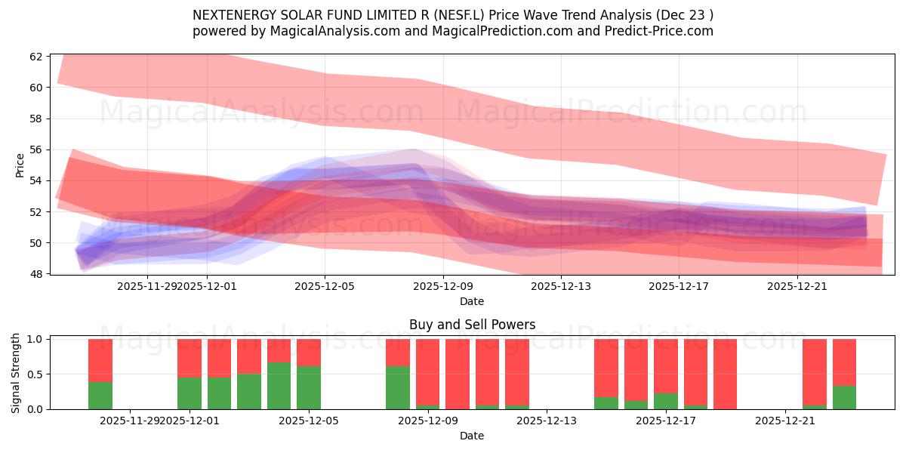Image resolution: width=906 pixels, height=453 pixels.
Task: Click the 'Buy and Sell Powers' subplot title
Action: click(472, 325)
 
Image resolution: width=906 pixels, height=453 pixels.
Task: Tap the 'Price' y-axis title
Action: click(20, 164)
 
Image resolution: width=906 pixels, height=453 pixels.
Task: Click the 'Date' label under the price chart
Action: click(472, 301)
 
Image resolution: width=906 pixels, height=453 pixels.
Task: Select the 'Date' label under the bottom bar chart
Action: click(472, 436)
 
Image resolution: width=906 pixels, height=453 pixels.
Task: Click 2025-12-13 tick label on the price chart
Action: click(561, 286)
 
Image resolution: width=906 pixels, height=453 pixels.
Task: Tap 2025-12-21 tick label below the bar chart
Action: click(786, 421)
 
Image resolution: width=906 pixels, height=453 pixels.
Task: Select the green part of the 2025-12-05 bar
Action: click(309, 387)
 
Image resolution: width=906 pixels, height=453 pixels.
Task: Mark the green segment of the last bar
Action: click(844, 398)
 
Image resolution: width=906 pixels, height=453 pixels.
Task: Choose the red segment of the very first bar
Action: click(100, 360)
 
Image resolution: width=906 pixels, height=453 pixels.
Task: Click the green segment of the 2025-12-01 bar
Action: click(190, 393)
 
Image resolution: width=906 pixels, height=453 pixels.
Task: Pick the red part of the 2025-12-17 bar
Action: click(665, 366)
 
